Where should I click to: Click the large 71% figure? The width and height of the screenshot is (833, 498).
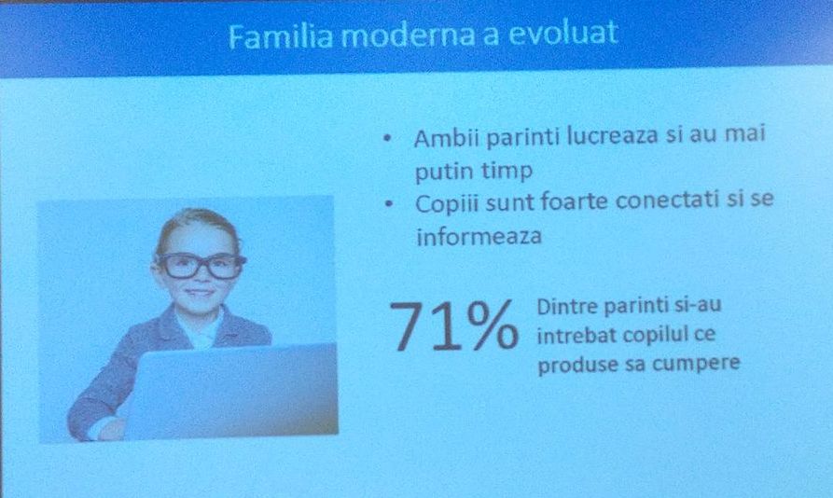pyautogui.click(x=452, y=327)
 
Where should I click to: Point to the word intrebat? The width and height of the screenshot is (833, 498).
pyautogui.click(x=571, y=334)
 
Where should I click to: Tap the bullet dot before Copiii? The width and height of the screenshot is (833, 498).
pyautogui.click(x=387, y=203)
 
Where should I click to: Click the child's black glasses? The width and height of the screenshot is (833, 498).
pyautogui.click(x=200, y=265)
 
